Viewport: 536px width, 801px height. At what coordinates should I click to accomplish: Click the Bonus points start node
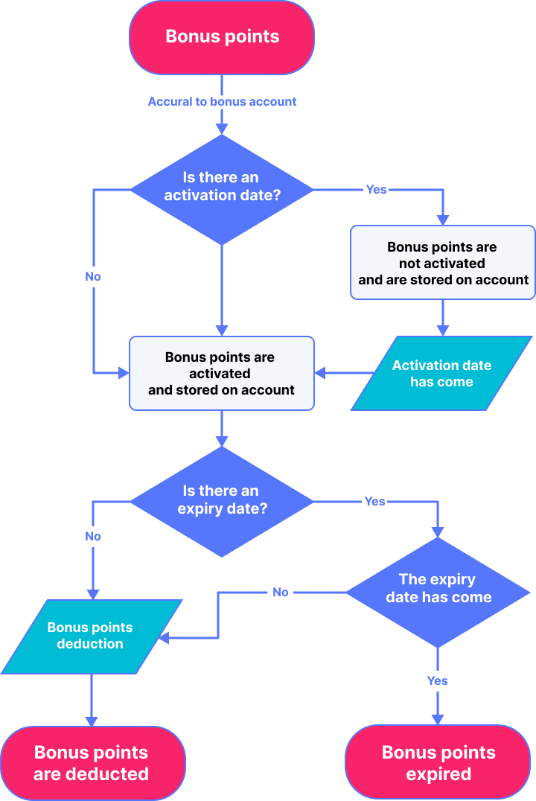click(222, 36)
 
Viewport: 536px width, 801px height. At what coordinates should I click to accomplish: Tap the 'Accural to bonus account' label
click(222, 102)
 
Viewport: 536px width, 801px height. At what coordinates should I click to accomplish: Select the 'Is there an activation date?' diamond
click(222, 190)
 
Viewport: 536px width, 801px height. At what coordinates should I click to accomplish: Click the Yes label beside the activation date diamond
click(377, 190)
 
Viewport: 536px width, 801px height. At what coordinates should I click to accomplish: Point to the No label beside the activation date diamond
click(93, 276)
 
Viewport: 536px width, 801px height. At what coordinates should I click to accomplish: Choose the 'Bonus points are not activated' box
click(442, 263)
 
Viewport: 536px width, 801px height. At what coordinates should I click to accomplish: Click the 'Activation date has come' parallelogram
click(441, 374)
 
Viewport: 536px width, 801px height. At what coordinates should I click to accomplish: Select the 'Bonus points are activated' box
click(222, 374)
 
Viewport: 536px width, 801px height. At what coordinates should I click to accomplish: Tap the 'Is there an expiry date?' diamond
click(222, 502)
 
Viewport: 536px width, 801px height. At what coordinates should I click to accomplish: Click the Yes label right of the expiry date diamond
click(375, 502)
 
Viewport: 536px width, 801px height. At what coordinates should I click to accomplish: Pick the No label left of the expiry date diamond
click(93, 537)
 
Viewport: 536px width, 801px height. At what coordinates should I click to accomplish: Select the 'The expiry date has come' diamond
click(438, 593)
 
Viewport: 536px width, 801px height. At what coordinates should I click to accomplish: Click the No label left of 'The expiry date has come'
click(281, 592)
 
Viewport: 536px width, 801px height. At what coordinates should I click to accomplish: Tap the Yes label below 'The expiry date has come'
click(438, 680)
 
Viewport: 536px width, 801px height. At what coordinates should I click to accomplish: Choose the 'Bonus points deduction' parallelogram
click(92, 636)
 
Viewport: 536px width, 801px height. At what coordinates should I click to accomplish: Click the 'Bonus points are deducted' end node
click(92, 763)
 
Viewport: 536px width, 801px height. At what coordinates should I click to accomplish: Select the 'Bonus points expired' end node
click(438, 762)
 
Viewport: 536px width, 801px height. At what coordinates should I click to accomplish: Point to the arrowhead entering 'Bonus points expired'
click(438, 719)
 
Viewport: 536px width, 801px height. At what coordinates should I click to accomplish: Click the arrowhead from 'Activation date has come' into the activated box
click(320, 374)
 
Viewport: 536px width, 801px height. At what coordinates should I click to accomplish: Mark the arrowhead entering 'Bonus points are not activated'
click(443, 220)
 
